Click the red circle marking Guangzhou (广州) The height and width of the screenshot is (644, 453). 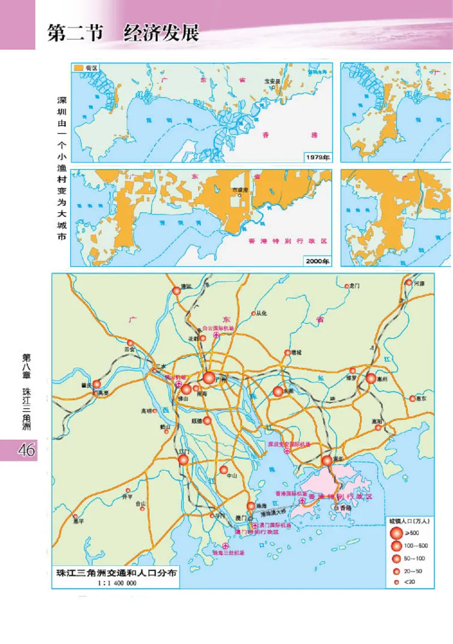[x=209, y=377]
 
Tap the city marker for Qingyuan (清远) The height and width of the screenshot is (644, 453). [x=176, y=291]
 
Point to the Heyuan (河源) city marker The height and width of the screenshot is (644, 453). [x=409, y=283]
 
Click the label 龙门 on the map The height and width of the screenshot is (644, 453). [x=356, y=286]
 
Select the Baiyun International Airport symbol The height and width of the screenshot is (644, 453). [x=216, y=336]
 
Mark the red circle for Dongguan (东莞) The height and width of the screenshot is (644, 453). [x=278, y=391]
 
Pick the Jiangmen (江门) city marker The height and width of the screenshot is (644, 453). [x=183, y=460]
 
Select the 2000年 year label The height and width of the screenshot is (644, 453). [x=318, y=261]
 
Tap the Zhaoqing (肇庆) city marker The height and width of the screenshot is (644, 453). [x=97, y=384]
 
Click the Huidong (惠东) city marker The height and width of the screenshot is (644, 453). [x=413, y=398]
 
